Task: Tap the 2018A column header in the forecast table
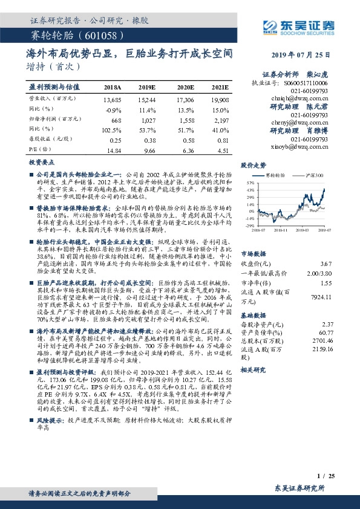click(x=113, y=88)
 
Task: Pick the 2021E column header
click(x=220, y=88)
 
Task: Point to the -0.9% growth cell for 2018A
click(x=113, y=110)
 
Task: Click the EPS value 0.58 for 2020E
click(x=185, y=140)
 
